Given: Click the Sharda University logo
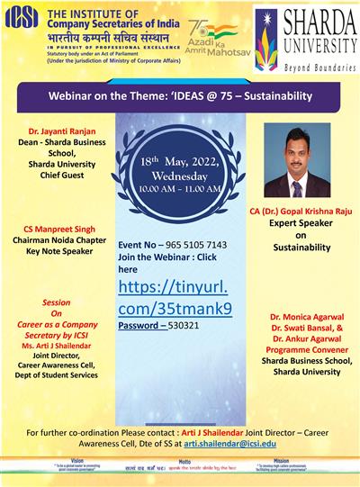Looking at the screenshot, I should (307, 40).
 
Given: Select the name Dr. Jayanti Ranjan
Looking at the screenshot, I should (55, 133).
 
